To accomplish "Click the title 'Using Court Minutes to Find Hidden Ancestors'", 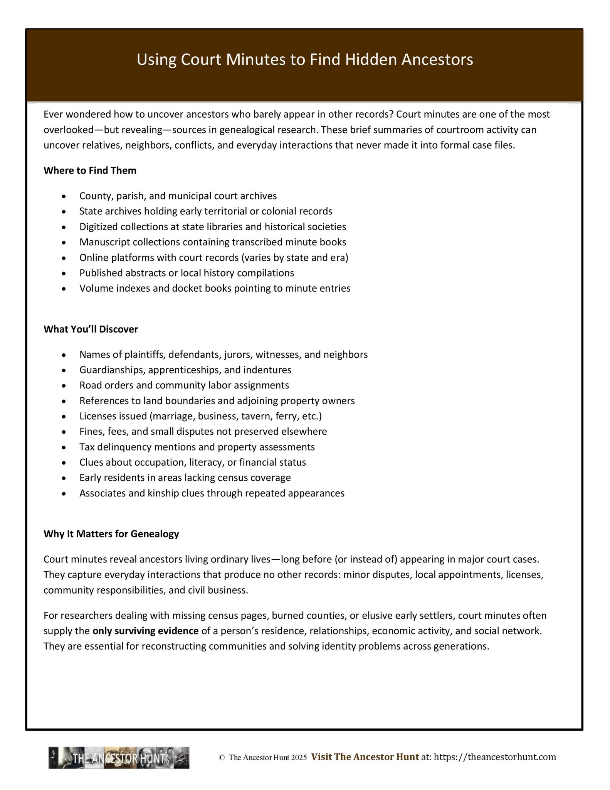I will [x=305, y=59].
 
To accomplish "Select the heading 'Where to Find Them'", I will [x=90, y=170].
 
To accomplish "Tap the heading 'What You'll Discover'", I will [x=91, y=329].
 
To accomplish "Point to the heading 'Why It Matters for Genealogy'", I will [x=111, y=533].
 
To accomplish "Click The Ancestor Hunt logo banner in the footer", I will [x=119, y=758].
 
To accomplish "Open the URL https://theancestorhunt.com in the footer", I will [x=495, y=757].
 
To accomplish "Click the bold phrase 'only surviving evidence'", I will [x=146, y=631].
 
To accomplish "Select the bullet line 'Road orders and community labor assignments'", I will [x=184, y=385].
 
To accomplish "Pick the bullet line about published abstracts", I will [x=187, y=273].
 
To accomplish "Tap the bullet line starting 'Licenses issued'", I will [x=200, y=416].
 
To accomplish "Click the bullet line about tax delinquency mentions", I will [x=197, y=447].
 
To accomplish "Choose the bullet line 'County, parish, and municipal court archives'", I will [x=178, y=196].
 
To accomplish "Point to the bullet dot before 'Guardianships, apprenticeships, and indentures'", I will [x=64, y=370].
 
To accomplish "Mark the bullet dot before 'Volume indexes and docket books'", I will [x=64, y=289].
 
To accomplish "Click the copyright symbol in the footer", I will [x=222, y=758].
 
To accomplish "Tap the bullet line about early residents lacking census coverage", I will [x=185, y=478].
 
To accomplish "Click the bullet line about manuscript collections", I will [x=213, y=242].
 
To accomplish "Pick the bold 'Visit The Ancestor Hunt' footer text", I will [x=365, y=757].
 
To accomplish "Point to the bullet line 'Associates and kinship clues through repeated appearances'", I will [x=212, y=493].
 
